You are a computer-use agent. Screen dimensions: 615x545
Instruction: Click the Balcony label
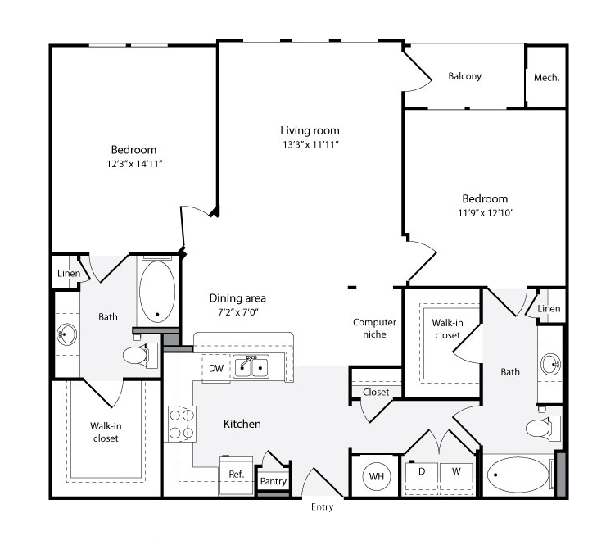click(x=465, y=76)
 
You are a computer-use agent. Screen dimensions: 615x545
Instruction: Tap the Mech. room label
click(x=547, y=78)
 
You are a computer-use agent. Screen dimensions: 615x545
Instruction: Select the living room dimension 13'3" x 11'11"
click(x=310, y=144)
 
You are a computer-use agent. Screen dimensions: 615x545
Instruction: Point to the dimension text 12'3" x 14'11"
click(x=134, y=164)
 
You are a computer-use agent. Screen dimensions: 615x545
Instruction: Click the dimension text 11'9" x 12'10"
click(x=486, y=212)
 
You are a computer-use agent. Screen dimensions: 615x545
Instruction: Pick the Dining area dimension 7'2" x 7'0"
click(x=238, y=312)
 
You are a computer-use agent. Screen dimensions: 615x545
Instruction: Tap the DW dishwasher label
click(x=216, y=368)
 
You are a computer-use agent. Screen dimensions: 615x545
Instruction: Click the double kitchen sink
click(x=251, y=367)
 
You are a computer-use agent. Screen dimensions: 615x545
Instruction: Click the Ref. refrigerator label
click(x=237, y=474)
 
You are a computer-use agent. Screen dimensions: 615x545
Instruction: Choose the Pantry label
click(x=274, y=481)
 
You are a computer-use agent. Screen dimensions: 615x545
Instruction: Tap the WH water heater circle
click(x=377, y=476)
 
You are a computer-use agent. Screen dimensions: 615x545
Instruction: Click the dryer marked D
click(x=422, y=471)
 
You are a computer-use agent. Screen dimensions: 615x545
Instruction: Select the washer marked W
click(x=456, y=471)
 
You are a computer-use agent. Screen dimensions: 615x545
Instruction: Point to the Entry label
click(x=322, y=507)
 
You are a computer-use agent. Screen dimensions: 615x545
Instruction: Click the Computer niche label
click(x=374, y=329)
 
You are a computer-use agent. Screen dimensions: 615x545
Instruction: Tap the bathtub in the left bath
click(x=157, y=292)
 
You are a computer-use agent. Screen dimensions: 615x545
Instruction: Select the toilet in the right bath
click(x=543, y=428)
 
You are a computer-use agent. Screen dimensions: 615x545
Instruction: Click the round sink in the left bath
click(x=67, y=334)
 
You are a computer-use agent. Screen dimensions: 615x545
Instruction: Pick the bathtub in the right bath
click(x=518, y=475)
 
